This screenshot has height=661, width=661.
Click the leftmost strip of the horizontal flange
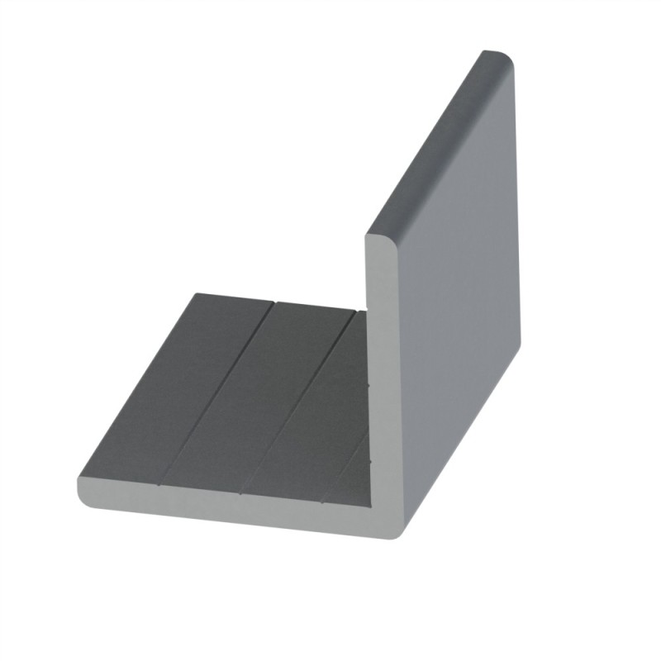pyautogui.click(x=165, y=388)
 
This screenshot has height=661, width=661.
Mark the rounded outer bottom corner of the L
pyautogui.click(x=394, y=529)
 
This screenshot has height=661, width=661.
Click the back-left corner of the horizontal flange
pyautogui.click(x=195, y=294)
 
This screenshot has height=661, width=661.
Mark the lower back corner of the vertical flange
pyautogui.click(x=518, y=347)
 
